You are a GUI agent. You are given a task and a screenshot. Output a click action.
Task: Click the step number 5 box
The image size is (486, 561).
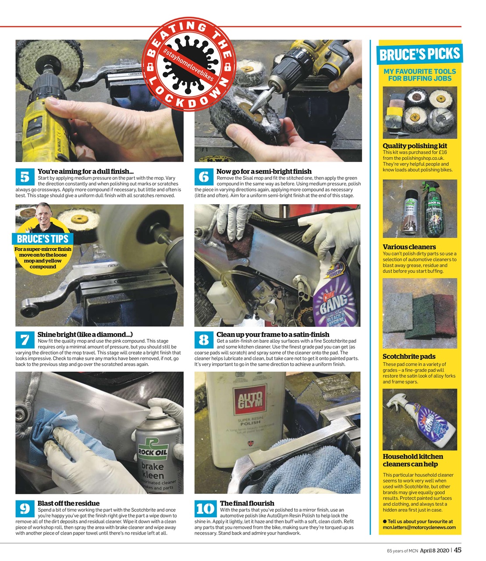25,177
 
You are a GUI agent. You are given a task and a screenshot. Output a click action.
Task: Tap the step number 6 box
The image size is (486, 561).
204,177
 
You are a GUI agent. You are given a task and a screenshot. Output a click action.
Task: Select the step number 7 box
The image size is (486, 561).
25,340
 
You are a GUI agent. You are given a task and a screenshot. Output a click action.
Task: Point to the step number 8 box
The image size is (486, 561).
204,340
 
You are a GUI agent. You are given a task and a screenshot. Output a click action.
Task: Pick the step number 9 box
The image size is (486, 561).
25,508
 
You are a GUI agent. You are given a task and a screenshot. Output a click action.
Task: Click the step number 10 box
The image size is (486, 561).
206,508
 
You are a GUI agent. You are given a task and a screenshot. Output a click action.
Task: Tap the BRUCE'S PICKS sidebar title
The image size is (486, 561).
419,54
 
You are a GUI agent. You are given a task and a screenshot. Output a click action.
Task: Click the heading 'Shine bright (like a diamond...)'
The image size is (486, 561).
85,334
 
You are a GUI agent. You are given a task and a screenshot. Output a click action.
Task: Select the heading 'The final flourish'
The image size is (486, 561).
247,503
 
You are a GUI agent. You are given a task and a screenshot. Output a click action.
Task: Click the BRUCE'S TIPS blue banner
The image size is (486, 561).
43,239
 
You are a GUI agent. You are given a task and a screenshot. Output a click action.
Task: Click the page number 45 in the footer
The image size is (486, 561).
457,550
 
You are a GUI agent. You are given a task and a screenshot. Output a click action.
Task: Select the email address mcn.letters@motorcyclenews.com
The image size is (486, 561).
419,527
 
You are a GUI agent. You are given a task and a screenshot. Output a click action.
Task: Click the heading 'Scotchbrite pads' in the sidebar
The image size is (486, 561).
408,356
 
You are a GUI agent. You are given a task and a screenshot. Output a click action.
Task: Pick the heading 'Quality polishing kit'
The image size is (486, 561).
415,146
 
